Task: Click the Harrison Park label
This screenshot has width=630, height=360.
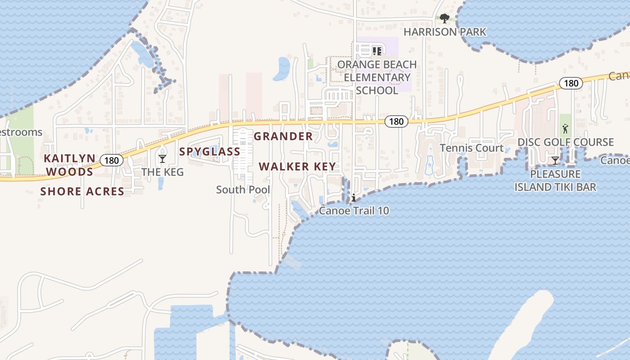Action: pos(445,32)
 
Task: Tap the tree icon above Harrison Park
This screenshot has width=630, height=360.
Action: pos(445,18)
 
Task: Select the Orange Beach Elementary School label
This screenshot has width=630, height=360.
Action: pos(377,77)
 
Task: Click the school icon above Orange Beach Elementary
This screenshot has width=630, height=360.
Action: pos(377,51)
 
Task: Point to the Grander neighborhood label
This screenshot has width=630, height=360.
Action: pos(283,136)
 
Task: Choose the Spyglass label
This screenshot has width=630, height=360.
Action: pos(210,152)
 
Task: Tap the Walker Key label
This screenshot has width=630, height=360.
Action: pos(297,166)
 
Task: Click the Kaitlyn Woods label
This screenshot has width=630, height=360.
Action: pos(70,165)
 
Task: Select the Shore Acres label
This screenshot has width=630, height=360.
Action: pos(82,192)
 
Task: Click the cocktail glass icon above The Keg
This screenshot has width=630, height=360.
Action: pos(162,158)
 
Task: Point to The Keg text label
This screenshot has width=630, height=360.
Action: pos(162,172)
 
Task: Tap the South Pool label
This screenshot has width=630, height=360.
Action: pos(243,190)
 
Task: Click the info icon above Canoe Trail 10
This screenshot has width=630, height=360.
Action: pos(354,198)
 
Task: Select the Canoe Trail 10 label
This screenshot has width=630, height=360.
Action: pos(354,211)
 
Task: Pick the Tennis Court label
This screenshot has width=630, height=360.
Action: pos(472,148)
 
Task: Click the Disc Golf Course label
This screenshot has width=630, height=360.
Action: pos(566,142)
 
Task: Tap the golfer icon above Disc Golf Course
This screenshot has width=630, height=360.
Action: pos(565,129)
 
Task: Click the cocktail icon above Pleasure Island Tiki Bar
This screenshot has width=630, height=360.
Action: pos(555,160)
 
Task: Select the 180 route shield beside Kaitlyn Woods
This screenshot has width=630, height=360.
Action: pos(111,160)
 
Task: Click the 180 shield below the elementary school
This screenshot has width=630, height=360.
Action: pos(396,121)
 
